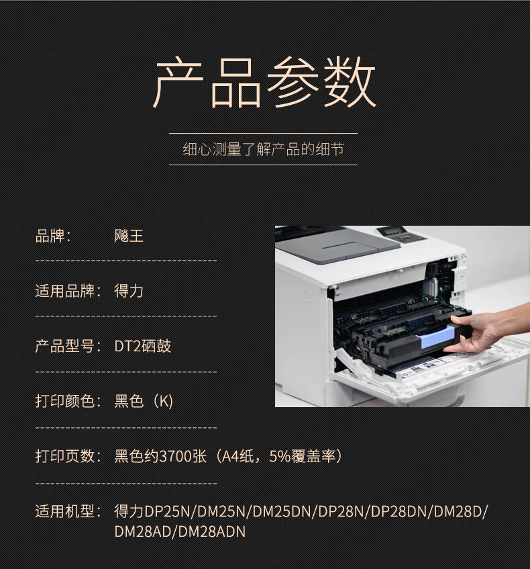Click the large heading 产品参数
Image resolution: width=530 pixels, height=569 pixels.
click(x=264, y=82)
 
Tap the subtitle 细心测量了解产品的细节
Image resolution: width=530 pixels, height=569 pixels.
click(x=264, y=149)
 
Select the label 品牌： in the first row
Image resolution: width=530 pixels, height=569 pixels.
click(x=53, y=236)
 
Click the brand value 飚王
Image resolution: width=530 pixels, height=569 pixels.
click(x=129, y=236)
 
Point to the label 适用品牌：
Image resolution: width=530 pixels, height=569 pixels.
click(x=69, y=291)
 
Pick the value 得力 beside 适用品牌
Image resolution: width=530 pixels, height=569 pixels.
click(x=129, y=291)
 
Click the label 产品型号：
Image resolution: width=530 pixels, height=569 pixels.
click(x=69, y=346)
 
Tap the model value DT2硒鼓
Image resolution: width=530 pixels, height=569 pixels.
click(x=142, y=346)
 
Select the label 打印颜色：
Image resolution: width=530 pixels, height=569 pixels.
click(x=69, y=401)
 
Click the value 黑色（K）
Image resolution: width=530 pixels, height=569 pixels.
click(x=144, y=401)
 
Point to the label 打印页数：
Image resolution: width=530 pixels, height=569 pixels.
click(x=69, y=456)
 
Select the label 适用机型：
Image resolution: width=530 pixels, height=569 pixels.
click(x=69, y=511)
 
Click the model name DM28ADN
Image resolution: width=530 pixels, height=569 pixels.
click(x=212, y=532)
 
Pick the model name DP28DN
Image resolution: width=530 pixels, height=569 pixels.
click(x=399, y=512)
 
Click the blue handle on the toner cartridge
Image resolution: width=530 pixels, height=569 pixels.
click(x=437, y=337)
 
